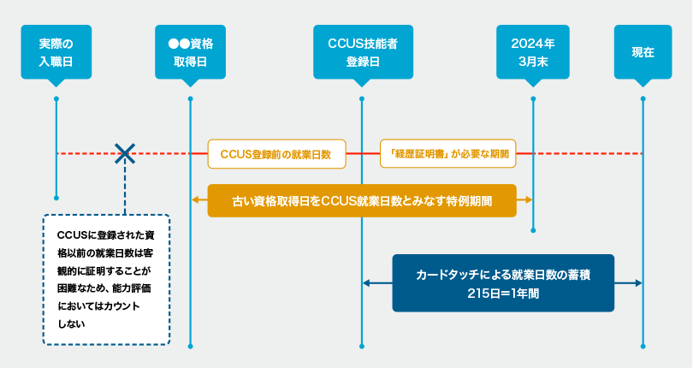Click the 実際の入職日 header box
(x=56, y=52)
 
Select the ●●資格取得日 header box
(x=190, y=52)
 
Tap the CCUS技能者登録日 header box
(x=363, y=52)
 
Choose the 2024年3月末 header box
(x=532, y=52)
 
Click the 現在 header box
(x=643, y=52)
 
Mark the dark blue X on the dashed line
(x=125, y=154)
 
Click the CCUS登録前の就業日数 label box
(x=276, y=154)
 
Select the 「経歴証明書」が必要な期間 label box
(x=448, y=154)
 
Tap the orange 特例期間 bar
(x=362, y=200)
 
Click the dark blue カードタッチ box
(x=503, y=282)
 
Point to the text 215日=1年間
(x=503, y=293)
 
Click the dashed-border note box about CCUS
(x=106, y=280)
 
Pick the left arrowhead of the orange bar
(x=196, y=200)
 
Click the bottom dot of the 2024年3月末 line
(x=533, y=230)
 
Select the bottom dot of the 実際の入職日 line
(x=56, y=197)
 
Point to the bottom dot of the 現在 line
(x=643, y=347)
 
